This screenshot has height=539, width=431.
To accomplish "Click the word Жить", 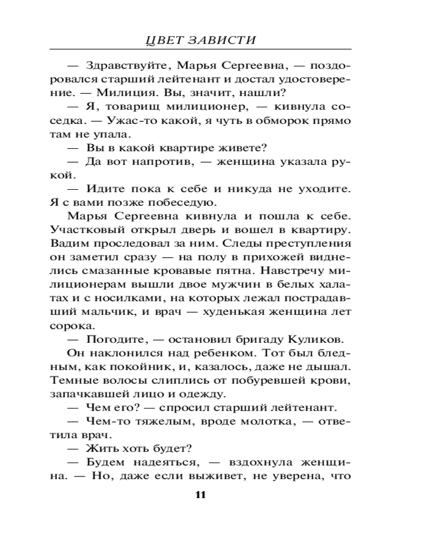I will coord(98,449).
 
